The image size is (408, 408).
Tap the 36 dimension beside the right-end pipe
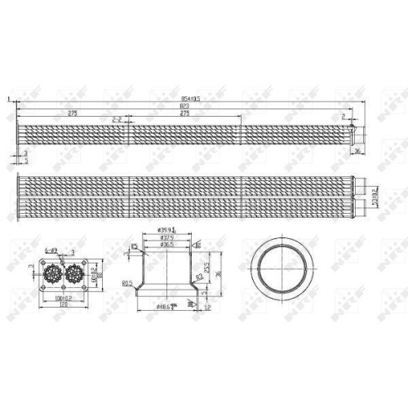pos(357,151)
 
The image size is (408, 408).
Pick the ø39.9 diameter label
pos(166,231)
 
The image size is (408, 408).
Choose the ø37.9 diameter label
pos(166,237)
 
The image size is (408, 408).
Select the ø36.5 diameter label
pos(166,244)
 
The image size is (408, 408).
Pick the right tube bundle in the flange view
pos(75,273)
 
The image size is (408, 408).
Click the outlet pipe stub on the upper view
pos(353,131)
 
